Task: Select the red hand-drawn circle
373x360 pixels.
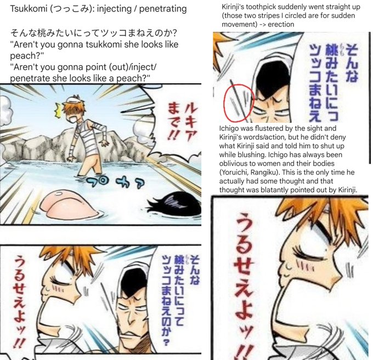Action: (239, 102)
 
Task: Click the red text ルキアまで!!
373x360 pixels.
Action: (183, 121)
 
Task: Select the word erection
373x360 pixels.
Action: (281, 24)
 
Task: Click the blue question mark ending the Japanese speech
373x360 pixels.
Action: (166, 342)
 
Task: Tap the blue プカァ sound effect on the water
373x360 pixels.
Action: (115, 182)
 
